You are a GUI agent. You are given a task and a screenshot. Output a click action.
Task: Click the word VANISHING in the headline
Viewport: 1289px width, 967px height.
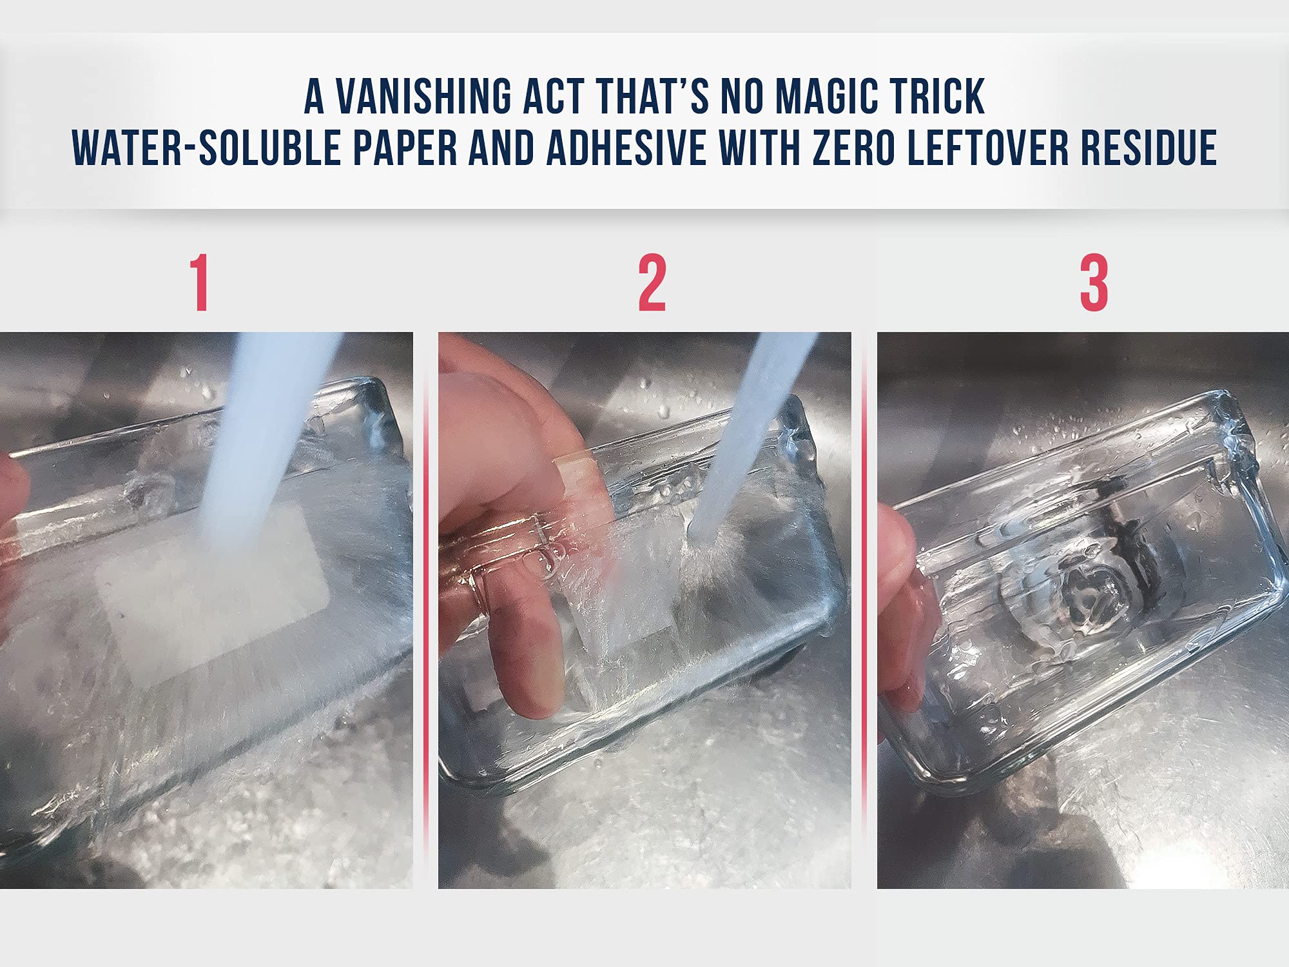[423, 97]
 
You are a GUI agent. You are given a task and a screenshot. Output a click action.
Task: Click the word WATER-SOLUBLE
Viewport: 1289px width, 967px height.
[206, 148]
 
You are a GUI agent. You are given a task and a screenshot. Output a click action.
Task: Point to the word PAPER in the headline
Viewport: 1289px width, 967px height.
[405, 148]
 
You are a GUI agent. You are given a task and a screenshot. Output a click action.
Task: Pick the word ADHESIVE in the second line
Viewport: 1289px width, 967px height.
[625, 148]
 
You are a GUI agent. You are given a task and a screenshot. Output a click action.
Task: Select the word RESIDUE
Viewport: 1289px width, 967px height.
[1148, 148]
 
